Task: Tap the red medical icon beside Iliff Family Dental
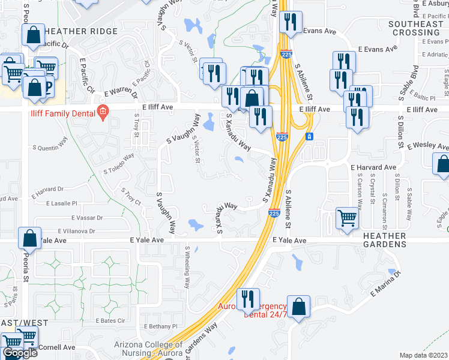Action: [x=103, y=112]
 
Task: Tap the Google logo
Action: [x=20, y=353]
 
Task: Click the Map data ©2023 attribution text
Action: [x=424, y=355]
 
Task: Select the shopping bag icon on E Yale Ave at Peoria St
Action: [x=29, y=238]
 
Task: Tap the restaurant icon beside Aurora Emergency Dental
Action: [x=247, y=298]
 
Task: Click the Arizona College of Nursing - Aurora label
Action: [x=148, y=349]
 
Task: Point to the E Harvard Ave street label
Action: [x=373, y=167]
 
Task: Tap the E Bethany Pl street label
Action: [x=161, y=326]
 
